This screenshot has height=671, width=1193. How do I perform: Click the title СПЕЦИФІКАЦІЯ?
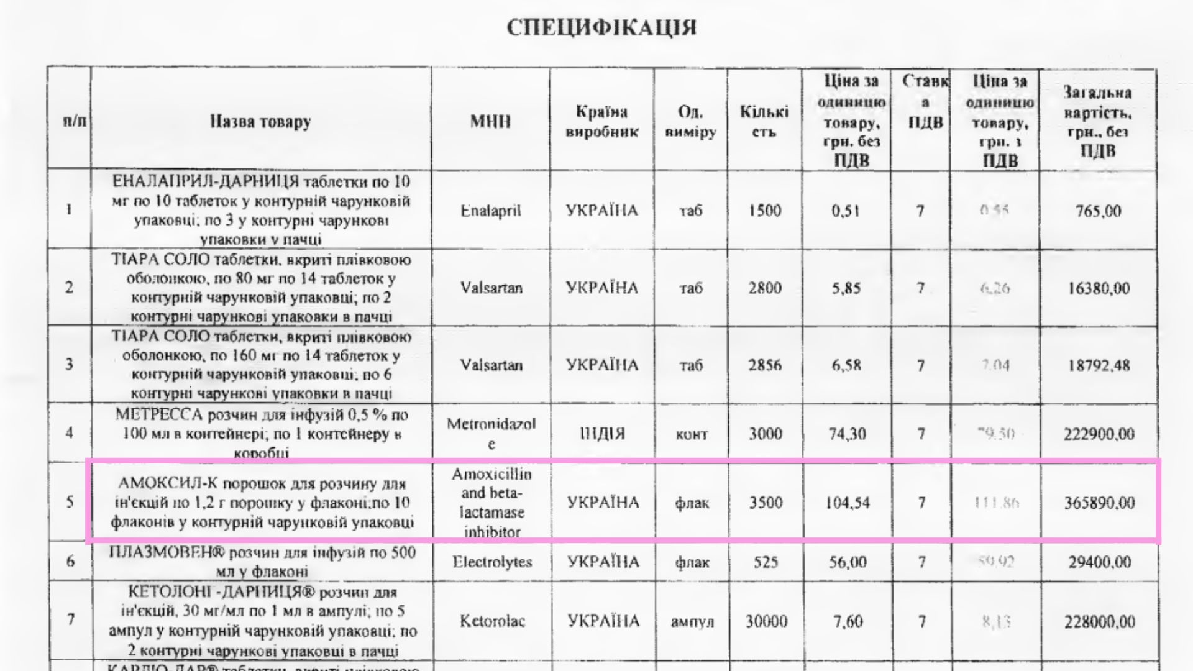point(601,28)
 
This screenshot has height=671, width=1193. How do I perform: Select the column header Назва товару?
point(260,121)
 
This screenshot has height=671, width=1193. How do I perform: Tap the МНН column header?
point(490,121)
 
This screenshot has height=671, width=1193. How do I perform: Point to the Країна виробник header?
point(601,122)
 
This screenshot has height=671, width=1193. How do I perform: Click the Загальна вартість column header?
point(1097,122)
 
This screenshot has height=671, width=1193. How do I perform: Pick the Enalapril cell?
point(490,211)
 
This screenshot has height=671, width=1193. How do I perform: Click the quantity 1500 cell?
point(764,211)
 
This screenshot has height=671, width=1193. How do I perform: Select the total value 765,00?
point(1098,211)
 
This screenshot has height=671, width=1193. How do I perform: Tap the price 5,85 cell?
point(846,288)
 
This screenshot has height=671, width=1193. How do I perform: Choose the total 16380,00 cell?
point(1098,288)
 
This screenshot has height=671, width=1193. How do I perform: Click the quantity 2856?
point(764,365)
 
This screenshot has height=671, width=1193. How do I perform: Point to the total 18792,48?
point(1098,365)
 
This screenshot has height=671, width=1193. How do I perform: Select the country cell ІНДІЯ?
point(601,434)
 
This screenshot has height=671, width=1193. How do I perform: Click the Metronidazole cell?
point(491,434)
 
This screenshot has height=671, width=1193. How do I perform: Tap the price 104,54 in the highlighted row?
point(848,503)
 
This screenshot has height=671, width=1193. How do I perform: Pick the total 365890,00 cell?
point(1099,503)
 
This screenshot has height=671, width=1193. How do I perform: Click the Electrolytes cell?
point(492,562)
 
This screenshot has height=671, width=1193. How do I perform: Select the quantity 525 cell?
point(766,562)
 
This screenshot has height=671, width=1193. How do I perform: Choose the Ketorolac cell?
point(492,621)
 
